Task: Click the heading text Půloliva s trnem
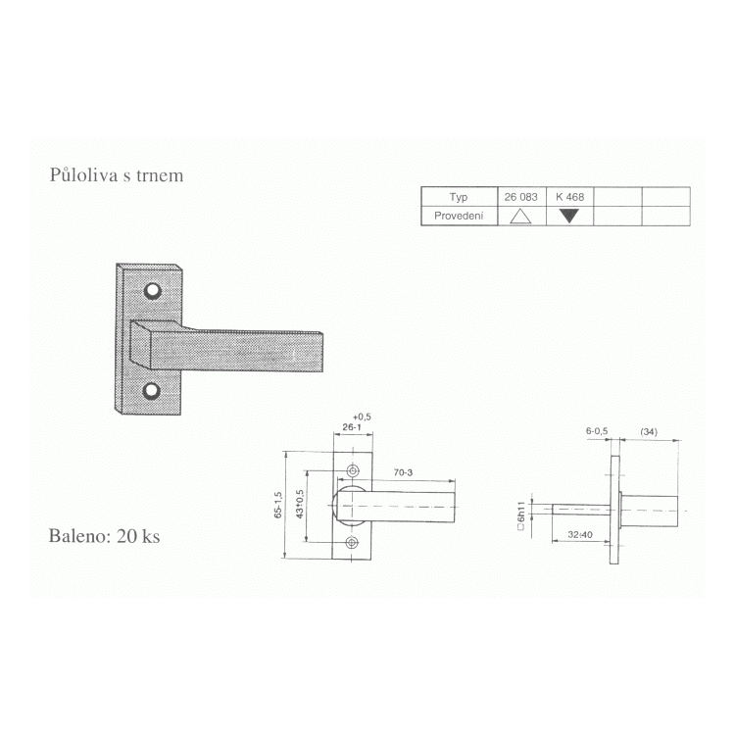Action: pos(117,175)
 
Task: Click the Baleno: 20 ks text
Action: pos(104,536)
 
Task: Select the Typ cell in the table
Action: pos(459,197)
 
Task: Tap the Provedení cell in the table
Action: pos(459,217)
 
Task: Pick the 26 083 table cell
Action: pos(521,197)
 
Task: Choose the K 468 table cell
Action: pos(570,197)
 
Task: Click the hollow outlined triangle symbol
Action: pos(520,217)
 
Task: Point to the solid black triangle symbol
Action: pos(569,217)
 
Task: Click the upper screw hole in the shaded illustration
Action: pos(152,291)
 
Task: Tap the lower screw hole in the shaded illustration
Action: pos(151,390)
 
